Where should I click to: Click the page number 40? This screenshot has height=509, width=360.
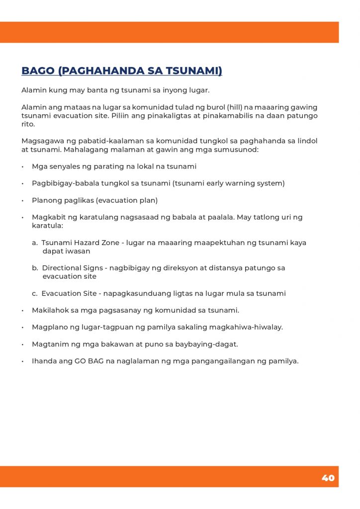tap(328, 478)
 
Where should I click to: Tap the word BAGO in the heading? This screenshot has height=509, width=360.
tap(38, 71)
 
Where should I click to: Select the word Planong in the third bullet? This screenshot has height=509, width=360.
tap(46, 200)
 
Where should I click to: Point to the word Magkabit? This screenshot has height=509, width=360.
tap(48, 217)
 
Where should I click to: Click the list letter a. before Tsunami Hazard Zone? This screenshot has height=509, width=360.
tap(35, 243)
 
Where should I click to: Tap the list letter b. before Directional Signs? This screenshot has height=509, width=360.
tap(35, 268)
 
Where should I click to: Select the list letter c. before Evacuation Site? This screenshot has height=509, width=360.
tap(35, 293)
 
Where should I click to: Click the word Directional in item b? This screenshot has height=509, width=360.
tap(62, 268)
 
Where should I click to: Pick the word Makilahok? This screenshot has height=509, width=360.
tap(50, 310)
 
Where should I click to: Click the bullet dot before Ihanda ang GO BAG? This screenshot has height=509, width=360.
tap(23, 361)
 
